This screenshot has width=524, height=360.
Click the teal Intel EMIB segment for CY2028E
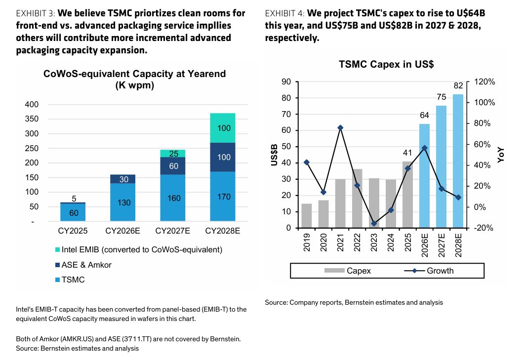(223, 128)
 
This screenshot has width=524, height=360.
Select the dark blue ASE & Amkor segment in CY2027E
(173, 166)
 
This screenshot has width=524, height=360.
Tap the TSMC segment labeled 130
(122, 202)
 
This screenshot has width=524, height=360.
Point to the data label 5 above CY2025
(74, 199)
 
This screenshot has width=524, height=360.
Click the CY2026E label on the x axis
(122, 231)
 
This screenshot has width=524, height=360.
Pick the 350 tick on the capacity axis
(32, 119)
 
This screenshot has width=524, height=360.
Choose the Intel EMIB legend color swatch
(57, 250)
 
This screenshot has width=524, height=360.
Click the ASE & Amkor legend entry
(83, 265)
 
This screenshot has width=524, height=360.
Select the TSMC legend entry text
(73, 280)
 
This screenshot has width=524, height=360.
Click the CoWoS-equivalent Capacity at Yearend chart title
(135, 79)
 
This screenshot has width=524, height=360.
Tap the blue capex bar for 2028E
(458, 161)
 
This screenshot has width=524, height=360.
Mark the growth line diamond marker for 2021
(340, 128)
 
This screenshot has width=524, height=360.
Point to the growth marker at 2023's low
(374, 223)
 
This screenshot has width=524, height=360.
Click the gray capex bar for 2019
(306, 216)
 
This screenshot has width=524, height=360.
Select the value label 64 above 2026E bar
(424, 116)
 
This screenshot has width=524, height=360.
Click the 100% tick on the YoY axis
(484, 103)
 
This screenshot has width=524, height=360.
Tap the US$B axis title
(274, 155)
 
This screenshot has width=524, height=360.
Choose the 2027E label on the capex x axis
(442, 245)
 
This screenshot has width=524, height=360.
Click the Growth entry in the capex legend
(429, 271)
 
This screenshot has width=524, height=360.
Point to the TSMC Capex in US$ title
(386, 64)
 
